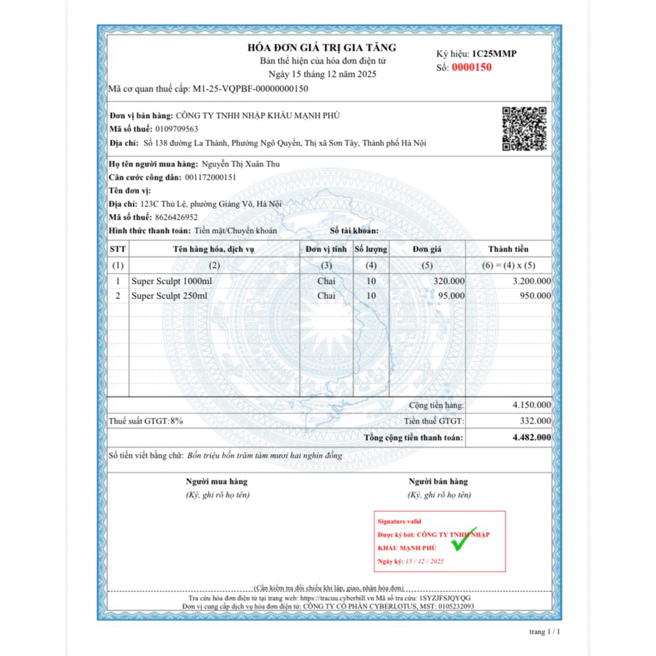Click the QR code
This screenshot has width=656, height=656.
pos(524,129)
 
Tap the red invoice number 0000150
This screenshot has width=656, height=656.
pos(471,67)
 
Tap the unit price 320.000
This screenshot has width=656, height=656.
pos(448,281)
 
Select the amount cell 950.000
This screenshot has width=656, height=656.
pos(534,296)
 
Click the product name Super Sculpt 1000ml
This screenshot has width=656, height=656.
pos(171,281)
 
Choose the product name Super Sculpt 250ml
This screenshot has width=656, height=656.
pos(169,296)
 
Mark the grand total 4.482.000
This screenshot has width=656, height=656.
pos(531,438)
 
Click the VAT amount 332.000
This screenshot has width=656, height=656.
pos(535,421)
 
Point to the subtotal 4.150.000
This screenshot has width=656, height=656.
pos(531,405)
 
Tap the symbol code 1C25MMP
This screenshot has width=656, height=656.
pos(494,54)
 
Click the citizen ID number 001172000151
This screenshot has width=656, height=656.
pos(211,177)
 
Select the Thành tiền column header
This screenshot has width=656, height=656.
pos(509,249)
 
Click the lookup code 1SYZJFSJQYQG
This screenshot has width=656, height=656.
pos(447,598)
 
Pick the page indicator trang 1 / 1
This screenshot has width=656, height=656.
pos(545,632)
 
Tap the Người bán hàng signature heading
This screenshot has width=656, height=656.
pos(438,482)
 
